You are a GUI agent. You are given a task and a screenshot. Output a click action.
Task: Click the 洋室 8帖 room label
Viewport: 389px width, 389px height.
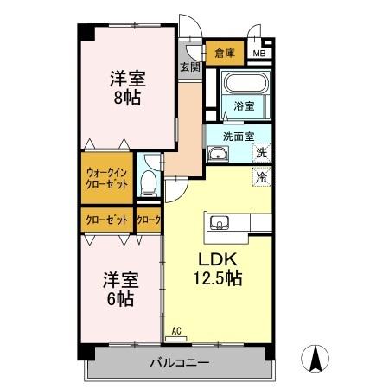click(127, 86)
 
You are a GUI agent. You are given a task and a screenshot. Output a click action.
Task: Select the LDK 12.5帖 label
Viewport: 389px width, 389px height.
click(216, 270)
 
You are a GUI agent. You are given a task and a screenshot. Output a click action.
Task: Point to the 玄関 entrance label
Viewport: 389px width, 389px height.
click(189, 67)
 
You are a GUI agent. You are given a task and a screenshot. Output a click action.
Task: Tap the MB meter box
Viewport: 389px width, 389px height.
click(258, 54)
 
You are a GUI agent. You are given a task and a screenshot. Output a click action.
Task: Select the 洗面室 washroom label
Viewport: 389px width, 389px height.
click(238, 136)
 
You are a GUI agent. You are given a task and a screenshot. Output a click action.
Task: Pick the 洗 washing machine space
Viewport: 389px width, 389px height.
click(260, 153)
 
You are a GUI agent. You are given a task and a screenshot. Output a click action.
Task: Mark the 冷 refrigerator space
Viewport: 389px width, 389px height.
click(260, 176)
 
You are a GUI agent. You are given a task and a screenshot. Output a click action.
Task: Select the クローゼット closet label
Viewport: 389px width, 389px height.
click(107, 220)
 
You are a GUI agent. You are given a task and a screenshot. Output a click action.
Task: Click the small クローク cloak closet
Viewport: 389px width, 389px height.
click(149, 220)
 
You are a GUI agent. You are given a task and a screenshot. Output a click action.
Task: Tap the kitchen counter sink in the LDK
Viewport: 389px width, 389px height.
click(218, 224)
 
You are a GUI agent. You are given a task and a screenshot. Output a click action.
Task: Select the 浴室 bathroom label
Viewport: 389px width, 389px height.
click(243, 106)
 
